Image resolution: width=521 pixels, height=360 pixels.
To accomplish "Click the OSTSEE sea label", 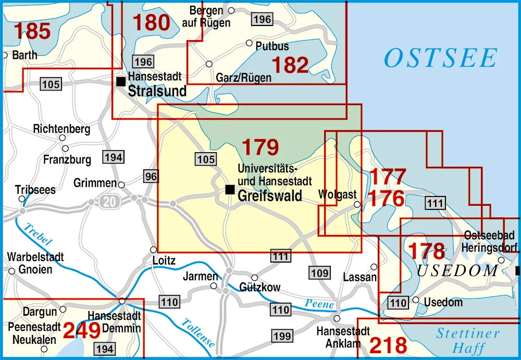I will tap(440, 58).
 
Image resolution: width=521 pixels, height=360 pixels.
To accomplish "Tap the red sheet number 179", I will tap(260, 147).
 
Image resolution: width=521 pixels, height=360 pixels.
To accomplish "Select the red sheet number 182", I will tap(290, 65).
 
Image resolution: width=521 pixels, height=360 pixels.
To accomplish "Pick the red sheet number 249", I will tap(82, 330).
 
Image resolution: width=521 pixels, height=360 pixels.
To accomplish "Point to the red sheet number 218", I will tap(388, 345).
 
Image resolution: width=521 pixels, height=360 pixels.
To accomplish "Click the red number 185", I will tap(32, 31).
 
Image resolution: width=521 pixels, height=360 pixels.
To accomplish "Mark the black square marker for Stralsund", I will tap(121, 81).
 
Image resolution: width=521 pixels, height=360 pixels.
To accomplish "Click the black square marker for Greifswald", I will tap(229, 189).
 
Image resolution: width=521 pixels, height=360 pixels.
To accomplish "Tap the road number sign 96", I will tap(151, 177).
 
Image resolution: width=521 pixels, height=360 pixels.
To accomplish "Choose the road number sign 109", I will tap(319, 272).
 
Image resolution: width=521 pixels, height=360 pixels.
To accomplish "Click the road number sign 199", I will tap(282, 336).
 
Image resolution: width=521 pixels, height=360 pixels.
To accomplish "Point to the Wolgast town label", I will tap(337, 195).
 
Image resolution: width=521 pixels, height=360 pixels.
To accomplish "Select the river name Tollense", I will tap(197, 333).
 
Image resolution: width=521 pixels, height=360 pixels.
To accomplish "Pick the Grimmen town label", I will tap(95, 183).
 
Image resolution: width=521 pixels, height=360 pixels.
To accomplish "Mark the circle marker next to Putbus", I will tap(249, 43).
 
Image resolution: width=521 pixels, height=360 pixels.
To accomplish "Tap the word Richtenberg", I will tap(61, 128).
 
